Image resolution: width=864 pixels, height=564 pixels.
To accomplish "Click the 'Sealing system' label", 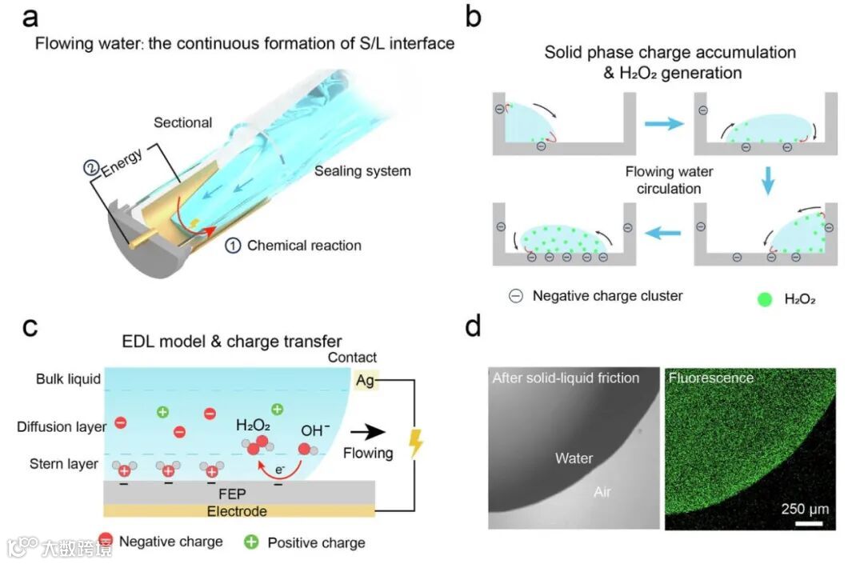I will pyautogui.click(x=362, y=171).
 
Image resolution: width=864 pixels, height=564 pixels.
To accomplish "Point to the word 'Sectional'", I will pyautogui.click(x=183, y=122).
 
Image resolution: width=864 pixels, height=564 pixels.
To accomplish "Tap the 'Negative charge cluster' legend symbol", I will pyautogui.click(x=516, y=296).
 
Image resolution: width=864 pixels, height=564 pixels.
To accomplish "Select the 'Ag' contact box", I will pyautogui.click(x=365, y=381).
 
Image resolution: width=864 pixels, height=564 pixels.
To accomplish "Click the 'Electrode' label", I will pyautogui.click(x=237, y=510).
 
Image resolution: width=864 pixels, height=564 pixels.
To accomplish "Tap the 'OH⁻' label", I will pyautogui.click(x=315, y=430).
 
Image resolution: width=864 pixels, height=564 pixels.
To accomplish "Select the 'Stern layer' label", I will pyautogui.click(x=64, y=464).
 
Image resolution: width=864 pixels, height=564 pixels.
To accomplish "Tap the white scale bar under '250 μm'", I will pyautogui.click(x=809, y=525).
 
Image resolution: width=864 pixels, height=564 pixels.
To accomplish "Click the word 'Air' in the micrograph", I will pyautogui.click(x=602, y=491).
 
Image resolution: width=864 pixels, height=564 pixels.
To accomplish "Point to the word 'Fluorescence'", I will pyautogui.click(x=711, y=378).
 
